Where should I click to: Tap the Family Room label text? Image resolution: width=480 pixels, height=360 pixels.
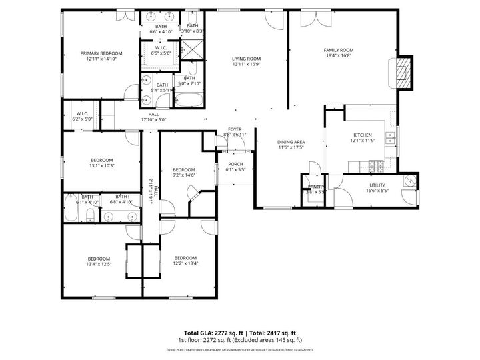(338, 51)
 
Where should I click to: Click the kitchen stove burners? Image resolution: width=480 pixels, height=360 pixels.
(379, 165)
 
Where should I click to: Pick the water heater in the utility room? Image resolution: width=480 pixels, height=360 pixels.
(409, 180)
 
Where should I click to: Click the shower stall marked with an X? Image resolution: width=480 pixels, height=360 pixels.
(193, 49)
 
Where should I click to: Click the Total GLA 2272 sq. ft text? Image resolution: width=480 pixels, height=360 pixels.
(213, 333)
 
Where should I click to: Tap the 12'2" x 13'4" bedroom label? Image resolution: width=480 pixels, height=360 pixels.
(185, 259)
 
